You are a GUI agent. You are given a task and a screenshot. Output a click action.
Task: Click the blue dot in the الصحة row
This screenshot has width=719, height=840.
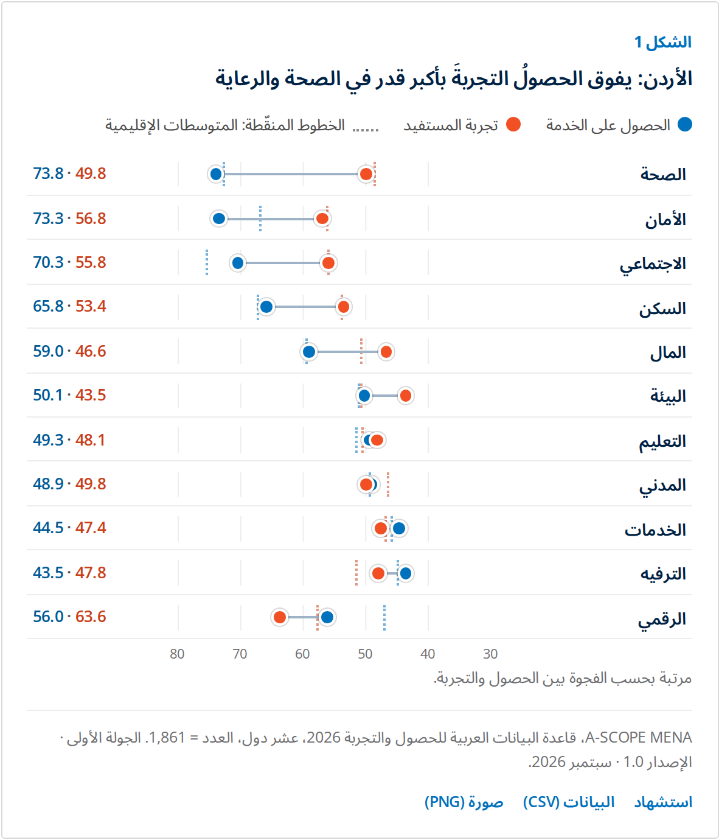coord(216,174)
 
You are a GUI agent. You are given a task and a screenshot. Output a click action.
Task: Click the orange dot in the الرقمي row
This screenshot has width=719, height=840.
coord(279,617)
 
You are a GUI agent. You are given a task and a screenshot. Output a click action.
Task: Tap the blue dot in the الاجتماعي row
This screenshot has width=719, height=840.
coord(238,262)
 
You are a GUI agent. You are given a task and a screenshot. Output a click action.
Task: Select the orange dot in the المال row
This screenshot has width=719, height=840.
coord(386,352)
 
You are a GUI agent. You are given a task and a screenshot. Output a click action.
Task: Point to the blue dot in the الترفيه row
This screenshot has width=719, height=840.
coord(405,573)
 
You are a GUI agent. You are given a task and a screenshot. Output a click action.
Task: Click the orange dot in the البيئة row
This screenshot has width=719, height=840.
coord(405,396)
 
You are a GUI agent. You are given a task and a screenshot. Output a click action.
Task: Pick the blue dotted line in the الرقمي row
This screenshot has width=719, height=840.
coord(384,617)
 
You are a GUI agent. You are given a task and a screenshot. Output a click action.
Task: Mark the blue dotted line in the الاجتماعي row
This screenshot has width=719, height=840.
coord(207,262)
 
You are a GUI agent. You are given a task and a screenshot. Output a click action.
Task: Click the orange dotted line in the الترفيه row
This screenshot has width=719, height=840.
coord(356,573)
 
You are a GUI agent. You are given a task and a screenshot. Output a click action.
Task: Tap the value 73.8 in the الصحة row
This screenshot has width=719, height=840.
coord(48,173)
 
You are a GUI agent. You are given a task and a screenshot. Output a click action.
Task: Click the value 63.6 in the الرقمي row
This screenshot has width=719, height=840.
coord(91,617)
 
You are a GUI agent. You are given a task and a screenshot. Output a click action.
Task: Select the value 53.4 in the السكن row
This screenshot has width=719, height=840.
coord(91,306)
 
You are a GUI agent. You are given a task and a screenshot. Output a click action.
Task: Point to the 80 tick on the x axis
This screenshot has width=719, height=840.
coord(177,654)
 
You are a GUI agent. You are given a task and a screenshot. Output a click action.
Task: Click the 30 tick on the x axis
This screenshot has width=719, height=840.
coord(490,654)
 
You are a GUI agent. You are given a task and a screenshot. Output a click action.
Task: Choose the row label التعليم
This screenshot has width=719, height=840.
coord(662,441)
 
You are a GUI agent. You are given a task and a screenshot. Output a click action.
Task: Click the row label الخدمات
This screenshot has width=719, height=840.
coord(655,530)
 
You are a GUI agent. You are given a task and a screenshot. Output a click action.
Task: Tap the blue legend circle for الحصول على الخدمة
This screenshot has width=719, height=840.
coord(685,124)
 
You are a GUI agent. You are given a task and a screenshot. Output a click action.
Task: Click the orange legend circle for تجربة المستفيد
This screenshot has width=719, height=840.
coord(513,124)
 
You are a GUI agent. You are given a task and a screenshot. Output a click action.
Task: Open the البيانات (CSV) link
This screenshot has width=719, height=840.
coord(569,802)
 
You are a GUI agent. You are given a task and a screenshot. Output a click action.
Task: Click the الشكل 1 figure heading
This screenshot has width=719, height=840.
coord(663,42)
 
